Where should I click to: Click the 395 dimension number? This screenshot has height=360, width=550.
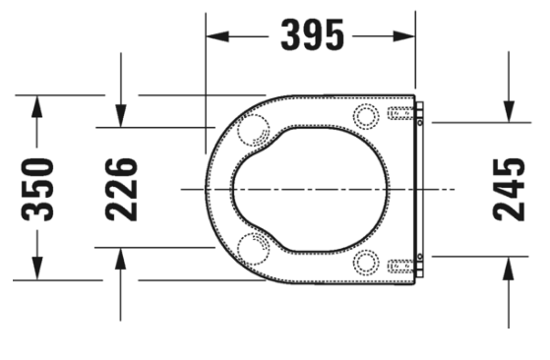(313, 35)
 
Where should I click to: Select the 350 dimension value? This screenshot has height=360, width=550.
(37, 190)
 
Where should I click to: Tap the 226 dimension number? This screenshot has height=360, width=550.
(121, 190)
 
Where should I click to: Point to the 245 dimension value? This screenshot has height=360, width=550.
(509, 190)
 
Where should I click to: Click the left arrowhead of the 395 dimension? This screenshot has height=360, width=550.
(217, 36)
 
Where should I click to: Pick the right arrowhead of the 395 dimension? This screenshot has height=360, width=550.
(404, 36)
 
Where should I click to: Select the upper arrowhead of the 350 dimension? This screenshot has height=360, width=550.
(36, 106)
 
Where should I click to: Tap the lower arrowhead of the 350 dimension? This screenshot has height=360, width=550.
(36, 269)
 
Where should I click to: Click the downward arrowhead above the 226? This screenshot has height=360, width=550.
(121, 116)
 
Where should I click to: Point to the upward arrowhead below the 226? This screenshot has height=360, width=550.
(121, 259)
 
